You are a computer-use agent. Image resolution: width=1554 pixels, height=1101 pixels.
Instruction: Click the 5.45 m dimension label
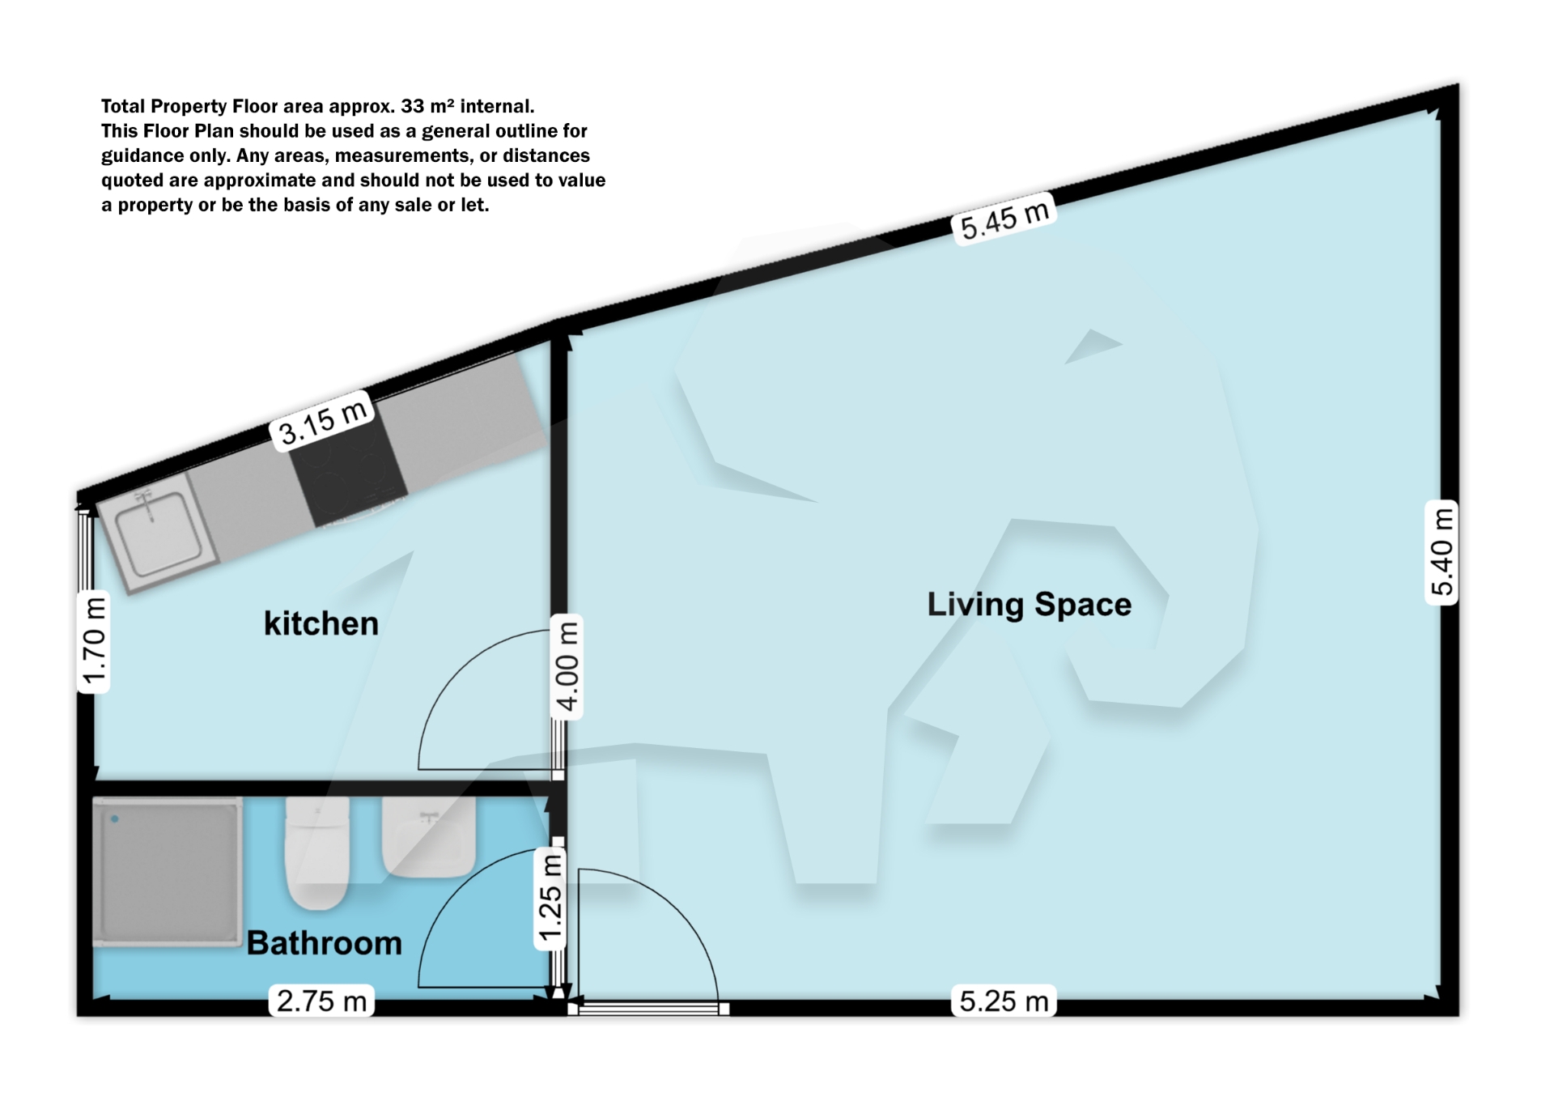(1004, 219)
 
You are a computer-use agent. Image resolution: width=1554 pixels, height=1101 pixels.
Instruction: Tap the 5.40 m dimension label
(1441, 552)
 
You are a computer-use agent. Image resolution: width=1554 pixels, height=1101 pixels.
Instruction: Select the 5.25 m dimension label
(1004, 1001)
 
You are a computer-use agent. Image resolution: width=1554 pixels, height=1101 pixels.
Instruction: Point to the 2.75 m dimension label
(321, 1001)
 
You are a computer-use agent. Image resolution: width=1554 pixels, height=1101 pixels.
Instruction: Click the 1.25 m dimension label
(550, 899)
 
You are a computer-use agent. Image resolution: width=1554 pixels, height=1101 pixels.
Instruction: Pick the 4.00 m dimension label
(567, 666)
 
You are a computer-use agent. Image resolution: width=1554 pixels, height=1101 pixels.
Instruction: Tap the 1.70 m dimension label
(94, 642)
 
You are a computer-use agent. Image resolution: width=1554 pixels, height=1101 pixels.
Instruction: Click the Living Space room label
(1029, 605)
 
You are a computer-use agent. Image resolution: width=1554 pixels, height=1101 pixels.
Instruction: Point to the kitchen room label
(321, 624)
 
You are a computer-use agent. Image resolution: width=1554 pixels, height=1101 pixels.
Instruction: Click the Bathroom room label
(324, 943)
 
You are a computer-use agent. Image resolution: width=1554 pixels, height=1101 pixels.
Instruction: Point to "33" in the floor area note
(412, 107)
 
